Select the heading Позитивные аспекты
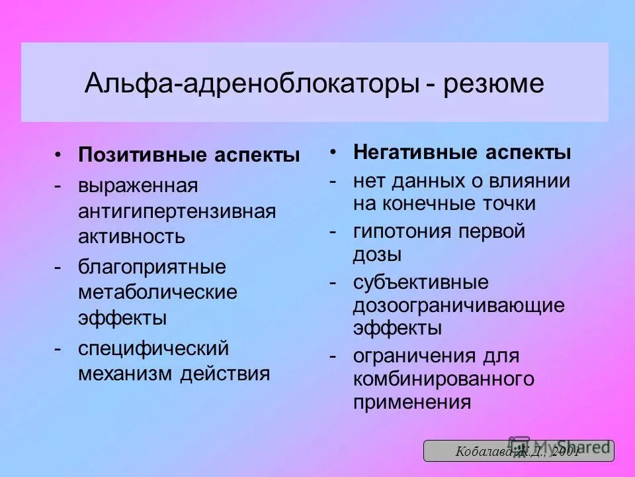(189, 155)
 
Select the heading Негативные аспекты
(462, 152)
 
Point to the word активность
(132, 237)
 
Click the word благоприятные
(152, 267)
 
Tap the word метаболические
(157, 292)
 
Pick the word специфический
(153, 348)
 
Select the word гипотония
(404, 231)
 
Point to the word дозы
(377, 254)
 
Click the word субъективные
(421, 282)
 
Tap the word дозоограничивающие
(459, 305)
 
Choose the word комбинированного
(443, 379)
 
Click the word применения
(411, 401)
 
